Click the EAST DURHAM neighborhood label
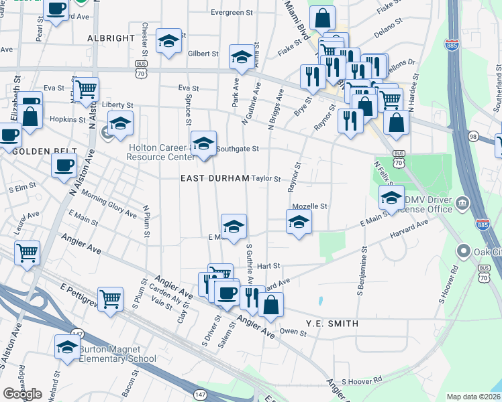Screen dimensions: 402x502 click(x=215, y=179)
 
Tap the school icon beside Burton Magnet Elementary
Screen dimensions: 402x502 click(x=67, y=347)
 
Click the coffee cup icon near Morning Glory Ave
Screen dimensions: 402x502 click(x=64, y=164)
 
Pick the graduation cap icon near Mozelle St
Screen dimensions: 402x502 click(x=299, y=222)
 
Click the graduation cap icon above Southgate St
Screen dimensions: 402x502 click(x=203, y=143)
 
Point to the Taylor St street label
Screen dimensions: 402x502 click(x=266, y=179)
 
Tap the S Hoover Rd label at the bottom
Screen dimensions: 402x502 click(x=361, y=381)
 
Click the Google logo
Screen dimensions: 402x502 click(x=22, y=394)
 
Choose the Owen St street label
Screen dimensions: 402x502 click(x=293, y=331)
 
